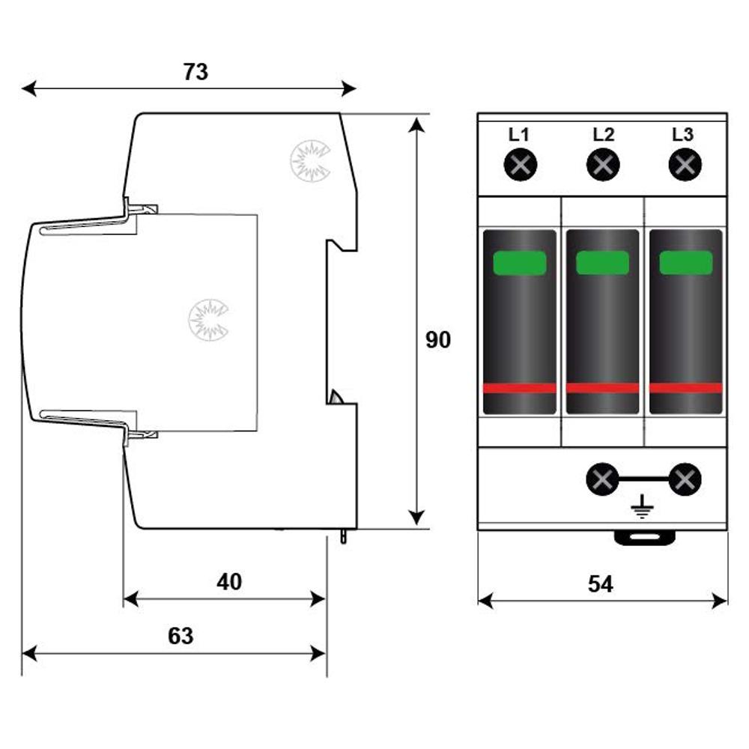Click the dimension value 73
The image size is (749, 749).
click(195, 72)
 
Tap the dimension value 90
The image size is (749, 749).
click(438, 340)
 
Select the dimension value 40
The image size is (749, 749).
click(229, 582)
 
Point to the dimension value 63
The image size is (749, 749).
click(181, 636)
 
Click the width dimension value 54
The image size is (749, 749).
click(601, 583)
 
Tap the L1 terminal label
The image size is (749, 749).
click(519, 135)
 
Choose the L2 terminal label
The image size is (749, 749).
click(603, 135)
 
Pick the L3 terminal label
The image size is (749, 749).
click(682, 135)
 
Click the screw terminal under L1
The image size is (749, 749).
click(521, 166)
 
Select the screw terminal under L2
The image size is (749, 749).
click(603, 166)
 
